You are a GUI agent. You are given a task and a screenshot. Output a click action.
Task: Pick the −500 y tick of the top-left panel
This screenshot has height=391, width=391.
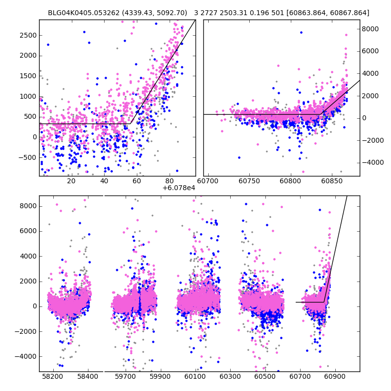pyautogui.click(x=27, y=157)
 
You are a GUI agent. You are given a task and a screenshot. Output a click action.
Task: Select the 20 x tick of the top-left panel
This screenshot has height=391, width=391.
pyautogui.click(x=71, y=182)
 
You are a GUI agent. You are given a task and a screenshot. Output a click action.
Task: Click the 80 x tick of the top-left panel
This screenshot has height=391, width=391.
pyautogui.click(x=169, y=182)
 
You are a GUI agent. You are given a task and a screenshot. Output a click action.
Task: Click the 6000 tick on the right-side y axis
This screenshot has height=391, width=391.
pyautogui.click(x=370, y=51)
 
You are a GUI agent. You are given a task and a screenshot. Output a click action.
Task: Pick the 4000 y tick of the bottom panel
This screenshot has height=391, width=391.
pyautogui.click(x=28, y=256)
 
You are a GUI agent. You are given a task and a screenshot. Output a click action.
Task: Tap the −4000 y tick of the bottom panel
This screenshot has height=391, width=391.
pyautogui.click(x=27, y=356)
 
